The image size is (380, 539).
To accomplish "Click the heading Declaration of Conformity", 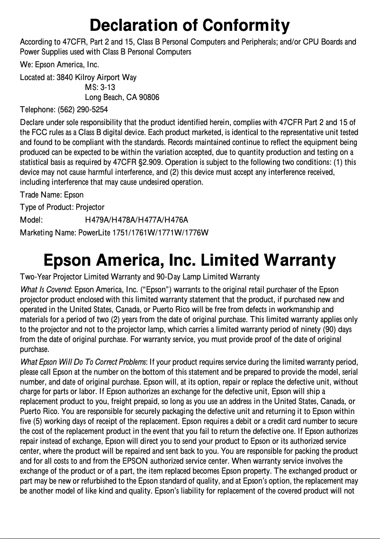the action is [x=190, y=25].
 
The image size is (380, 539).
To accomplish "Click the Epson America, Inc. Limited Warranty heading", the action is [x=190, y=261].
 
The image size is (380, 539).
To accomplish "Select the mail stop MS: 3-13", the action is [x=100, y=87].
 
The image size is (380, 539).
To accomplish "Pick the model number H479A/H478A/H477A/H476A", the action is [x=136, y=220].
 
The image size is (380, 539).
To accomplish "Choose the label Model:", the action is [x=31, y=220].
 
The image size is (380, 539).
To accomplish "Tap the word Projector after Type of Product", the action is [x=90, y=207].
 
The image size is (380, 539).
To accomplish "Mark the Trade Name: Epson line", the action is [x=52, y=195].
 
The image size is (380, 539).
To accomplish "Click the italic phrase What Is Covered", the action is [x=46, y=289].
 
